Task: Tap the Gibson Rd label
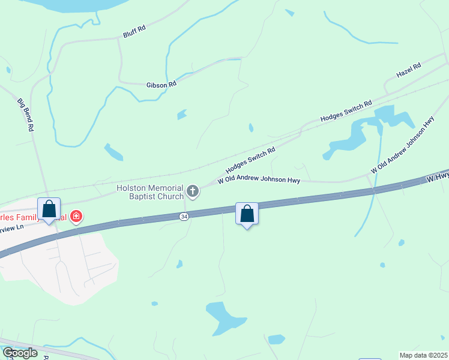161,85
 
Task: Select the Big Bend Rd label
26,114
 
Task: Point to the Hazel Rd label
408,70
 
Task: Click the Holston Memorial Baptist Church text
150,192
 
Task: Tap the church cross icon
193,191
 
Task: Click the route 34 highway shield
184,216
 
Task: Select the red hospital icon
76,216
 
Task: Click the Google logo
20,353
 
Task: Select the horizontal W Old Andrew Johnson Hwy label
259,179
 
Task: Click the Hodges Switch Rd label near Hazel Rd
346,111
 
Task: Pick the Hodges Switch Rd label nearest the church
250,159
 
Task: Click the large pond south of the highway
223,317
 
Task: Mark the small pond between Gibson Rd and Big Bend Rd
113,152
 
